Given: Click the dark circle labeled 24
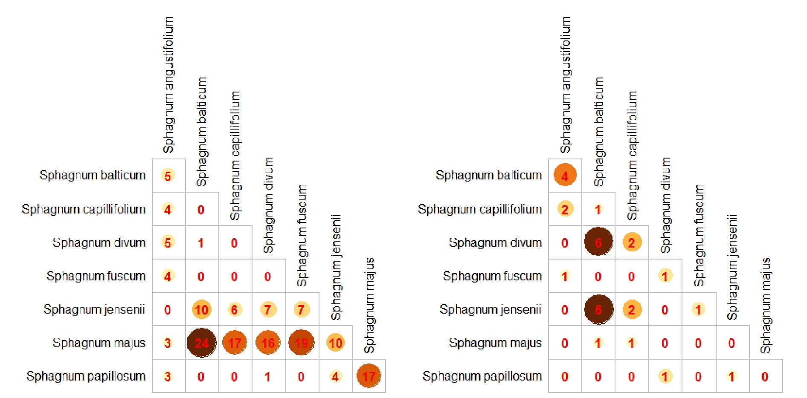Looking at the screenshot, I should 201,343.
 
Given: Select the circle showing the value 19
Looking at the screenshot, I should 301,343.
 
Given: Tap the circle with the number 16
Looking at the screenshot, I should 268,343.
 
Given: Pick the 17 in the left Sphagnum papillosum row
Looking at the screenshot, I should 369,376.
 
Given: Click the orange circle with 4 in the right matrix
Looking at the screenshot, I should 565,175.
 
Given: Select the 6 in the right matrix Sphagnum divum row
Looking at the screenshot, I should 598,242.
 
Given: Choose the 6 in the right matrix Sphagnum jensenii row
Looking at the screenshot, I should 598,309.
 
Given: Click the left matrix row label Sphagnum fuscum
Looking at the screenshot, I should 96,276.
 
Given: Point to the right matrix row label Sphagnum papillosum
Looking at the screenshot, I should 482,376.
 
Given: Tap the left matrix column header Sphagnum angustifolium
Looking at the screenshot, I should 168,85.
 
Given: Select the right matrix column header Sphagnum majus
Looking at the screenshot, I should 766,305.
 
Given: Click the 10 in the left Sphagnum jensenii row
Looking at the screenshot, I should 201,309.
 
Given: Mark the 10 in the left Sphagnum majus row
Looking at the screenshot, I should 335,343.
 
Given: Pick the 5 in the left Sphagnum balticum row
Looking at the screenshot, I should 168,176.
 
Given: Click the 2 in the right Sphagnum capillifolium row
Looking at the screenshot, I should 565,209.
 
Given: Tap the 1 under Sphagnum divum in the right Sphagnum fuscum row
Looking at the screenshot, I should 665,276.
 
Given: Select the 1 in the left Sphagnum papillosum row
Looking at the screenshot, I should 267,377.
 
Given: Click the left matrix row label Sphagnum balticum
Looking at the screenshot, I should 92,175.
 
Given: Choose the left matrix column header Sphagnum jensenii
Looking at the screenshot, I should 336,267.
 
